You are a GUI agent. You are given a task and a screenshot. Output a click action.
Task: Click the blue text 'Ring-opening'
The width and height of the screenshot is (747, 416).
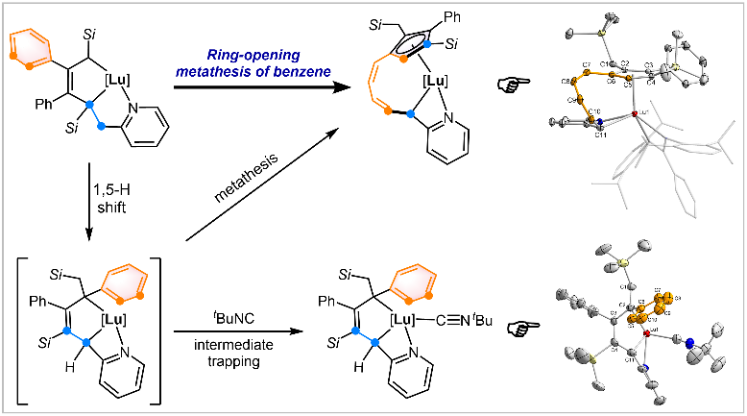click(x=245, y=59)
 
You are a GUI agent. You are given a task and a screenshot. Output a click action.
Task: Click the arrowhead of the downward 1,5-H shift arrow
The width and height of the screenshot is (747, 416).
click(x=88, y=232)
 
